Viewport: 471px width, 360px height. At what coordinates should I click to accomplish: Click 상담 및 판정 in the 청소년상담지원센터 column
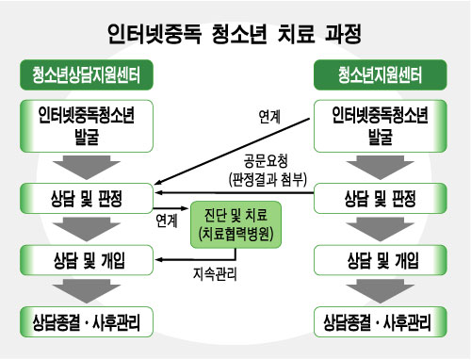87,198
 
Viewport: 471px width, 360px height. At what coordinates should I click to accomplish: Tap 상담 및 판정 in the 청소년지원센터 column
382,198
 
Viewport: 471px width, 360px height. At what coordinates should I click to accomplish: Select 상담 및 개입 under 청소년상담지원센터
87,256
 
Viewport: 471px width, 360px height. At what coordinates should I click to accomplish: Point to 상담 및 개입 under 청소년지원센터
382,256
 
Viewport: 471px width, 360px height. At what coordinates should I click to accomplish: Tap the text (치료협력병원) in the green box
235,233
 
